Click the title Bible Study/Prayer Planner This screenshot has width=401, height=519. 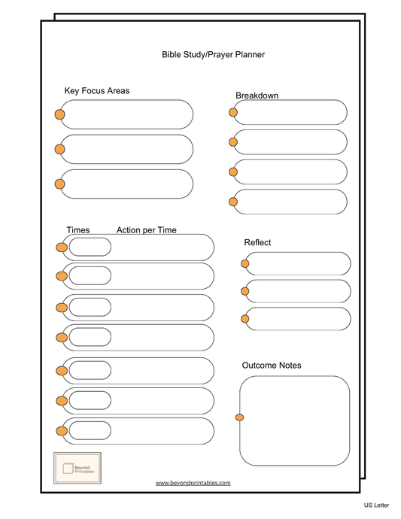[x=214, y=55]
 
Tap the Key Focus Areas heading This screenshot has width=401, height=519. [x=97, y=91]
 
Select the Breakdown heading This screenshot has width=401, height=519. [x=257, y=96]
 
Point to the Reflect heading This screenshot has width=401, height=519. [x=257, y=243]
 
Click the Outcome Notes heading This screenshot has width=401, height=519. [x=272, y=366]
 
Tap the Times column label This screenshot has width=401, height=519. [x=78, y=230]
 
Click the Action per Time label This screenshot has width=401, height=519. [x=147, y=230]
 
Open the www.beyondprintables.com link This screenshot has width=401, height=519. [x=193, y=483]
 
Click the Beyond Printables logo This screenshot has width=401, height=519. [x=77, y=468]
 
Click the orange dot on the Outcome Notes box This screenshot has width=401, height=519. [x=240, y=417]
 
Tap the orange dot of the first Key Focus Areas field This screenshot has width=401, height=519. [x=59, y=114]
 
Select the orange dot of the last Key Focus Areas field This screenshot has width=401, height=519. [x=59, y=184]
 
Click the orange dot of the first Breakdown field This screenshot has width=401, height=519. [x=233, y=112]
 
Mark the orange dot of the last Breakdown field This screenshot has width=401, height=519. [x=233, y=201]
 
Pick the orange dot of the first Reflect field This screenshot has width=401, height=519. [x=245, y=263]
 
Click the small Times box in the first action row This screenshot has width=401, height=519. [x=90, y=247]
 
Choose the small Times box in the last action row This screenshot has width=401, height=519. [x=90, y=430]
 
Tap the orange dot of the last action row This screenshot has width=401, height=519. [x=61, y=430]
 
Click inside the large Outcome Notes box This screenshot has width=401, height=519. [x=295, y=421]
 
